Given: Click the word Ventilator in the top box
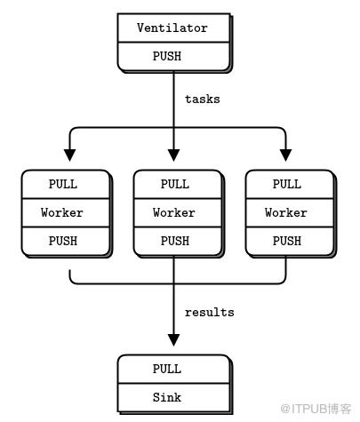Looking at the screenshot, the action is click(172, 28).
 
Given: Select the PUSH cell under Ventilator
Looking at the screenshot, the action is click(173, 56).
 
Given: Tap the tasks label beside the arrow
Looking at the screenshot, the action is click(203, 100).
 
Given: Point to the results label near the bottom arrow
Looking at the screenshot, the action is click(210, 313).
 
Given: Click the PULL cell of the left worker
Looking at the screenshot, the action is click(66, 184).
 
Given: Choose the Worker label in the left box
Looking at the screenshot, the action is click(62, 212).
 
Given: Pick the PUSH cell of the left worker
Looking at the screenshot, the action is click(66, 241).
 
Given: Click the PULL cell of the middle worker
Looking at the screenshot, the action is click(178, 184).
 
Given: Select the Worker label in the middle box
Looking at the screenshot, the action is click(174, 212).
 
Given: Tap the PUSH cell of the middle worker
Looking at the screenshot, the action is click(178, 241).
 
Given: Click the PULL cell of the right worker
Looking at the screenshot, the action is click(290, 184).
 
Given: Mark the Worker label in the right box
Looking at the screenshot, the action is click(286, 212).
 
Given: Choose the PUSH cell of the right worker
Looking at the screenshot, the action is click(290, 241).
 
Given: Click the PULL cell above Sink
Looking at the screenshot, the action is click(173, 369).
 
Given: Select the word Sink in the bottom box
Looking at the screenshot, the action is click(167, 397).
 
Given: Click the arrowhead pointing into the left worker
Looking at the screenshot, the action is click(69, 155).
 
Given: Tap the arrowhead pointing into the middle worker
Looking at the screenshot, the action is click(173, 155).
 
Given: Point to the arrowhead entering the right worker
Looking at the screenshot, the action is click(285, 155).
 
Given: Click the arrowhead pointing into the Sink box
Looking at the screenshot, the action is click(173, 340).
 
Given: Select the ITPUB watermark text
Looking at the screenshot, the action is click(316, 409).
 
